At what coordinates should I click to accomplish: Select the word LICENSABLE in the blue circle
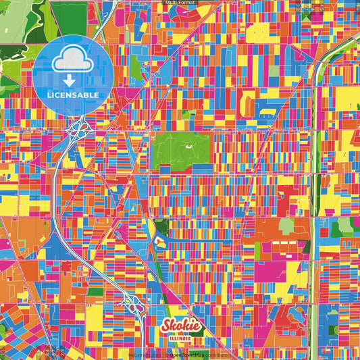[x=72, y=95]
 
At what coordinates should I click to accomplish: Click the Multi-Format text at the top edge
[x=180, y=3]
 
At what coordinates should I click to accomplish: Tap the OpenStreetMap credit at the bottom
[x=199, y=355]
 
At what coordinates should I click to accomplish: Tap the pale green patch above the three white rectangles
[x=286, y=226]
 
